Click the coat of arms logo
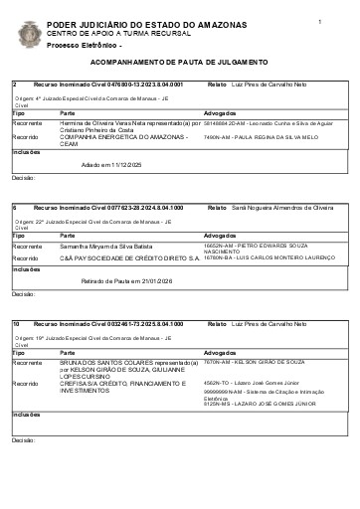tap(29, 34)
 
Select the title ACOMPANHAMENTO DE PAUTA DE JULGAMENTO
tap(180, 63)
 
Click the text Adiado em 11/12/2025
tap(111, 163)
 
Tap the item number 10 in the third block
tap(16, 324)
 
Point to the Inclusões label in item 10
tap(27, 414)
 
